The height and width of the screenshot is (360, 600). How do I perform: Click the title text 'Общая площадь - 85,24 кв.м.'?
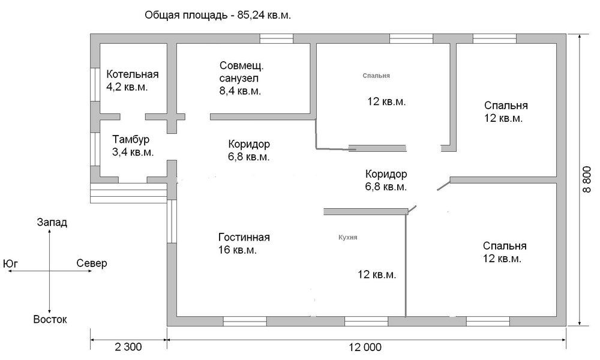(x=218, y=16)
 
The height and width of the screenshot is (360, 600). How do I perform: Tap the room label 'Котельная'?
(x=133, y=74)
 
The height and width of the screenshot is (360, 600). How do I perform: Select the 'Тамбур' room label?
(x=131, y=140)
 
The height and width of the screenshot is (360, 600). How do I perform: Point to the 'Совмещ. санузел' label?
(x=241, y=72)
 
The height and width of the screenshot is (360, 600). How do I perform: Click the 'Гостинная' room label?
(x=244, y=237)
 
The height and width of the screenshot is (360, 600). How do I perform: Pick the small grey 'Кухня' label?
(x=348, y=238)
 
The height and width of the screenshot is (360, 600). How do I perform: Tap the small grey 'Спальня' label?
(x=376, y=76)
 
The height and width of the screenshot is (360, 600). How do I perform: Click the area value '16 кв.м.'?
(x=238, y=250)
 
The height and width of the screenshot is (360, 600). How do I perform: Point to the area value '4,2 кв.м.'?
(x=127, y=87)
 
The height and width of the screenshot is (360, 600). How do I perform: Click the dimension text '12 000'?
(x=365, y=347)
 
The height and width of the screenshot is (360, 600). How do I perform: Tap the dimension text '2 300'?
(x=128, y=347)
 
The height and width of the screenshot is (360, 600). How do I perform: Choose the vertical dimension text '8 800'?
(x=587, y=179)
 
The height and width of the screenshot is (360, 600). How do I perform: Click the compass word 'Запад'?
(x=52, y=222)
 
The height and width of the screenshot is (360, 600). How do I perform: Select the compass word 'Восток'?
(x=50, y=319)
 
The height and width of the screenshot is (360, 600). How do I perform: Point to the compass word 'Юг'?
(x=10, y=264)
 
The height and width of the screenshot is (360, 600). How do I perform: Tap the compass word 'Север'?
(x=92, y=263)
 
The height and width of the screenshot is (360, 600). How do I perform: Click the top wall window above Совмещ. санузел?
(x=277, y=38)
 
